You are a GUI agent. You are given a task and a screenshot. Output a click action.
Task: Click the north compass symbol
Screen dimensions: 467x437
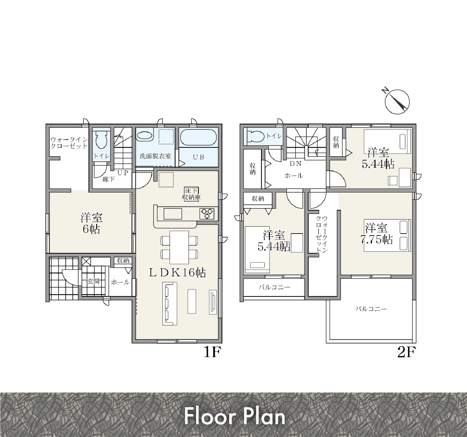coord(397,102)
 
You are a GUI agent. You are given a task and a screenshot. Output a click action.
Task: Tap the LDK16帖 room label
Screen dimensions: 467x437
coord(177,273)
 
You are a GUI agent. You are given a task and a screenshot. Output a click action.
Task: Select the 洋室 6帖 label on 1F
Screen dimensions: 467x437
coord(91,223)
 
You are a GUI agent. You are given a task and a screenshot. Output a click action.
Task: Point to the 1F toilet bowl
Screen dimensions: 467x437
coord(101,140)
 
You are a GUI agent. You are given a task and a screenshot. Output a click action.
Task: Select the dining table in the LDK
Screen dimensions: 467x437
coord(179,247)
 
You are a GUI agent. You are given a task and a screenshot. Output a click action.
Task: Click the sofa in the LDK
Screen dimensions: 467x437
coord(170,304)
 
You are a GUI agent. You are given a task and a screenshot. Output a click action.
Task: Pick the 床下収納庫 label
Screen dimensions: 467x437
coord(192,194)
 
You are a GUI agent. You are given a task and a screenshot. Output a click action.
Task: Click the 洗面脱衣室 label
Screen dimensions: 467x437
coord(155,156)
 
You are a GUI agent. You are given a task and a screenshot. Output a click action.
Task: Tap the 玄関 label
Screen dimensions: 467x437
coord(93,281)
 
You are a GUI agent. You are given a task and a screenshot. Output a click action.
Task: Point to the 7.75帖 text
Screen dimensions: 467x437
coord(376,240)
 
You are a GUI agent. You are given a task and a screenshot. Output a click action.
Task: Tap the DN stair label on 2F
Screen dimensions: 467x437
coord(295,164)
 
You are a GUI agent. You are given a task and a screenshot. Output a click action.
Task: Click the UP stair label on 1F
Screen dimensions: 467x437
coord(123,173)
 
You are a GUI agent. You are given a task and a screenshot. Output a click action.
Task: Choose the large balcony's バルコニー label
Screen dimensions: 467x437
coord(371,309)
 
